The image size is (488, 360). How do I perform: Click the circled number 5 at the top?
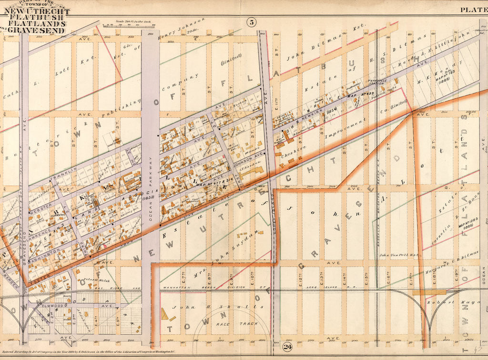pos(251,21)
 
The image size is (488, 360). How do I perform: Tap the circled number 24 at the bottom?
pos(288,347)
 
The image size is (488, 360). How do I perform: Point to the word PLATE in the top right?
pos(472,10)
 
